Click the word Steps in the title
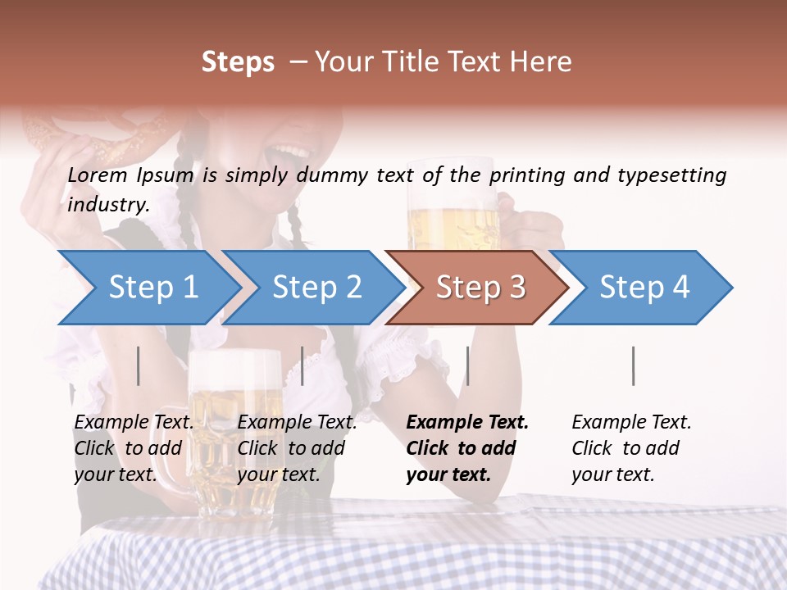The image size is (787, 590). pos(238,61)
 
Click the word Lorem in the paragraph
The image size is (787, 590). pos(98,175)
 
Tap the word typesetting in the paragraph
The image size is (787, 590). pos(671,175)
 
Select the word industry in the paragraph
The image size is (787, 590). pos(107,205)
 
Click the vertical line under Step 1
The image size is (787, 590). pos(139,365)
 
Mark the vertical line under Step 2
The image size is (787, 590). pos(303,365)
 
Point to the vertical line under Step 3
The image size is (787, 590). pos(467,365)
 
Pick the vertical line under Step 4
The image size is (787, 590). pos(633,365)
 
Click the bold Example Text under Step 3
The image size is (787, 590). pos(467,422)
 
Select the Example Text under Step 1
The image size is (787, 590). pos(134,422)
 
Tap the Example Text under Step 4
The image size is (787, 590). pos(631,422)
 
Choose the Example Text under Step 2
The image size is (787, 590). pos(297,422)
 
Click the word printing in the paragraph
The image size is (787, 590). pos(528,175)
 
